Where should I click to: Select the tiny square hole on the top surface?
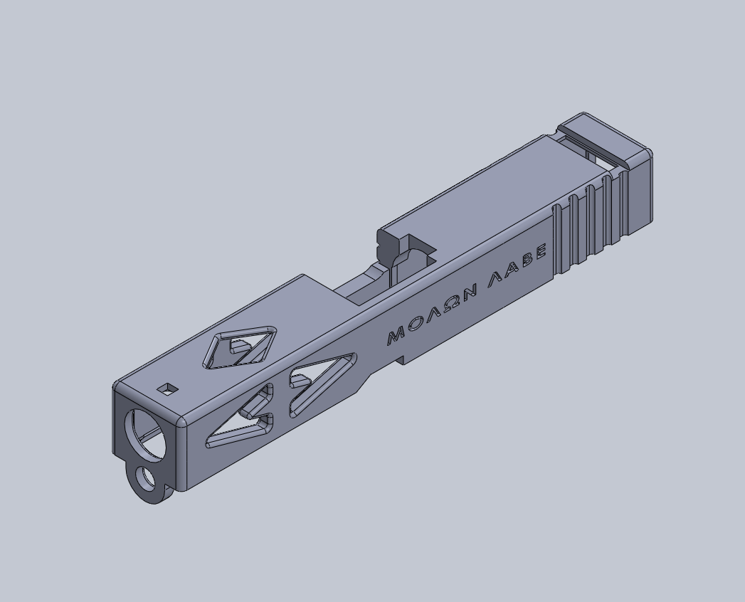coord(168,389)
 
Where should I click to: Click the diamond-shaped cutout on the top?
coord(241,348)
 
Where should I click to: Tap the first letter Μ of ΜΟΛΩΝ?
coord(397,335)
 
